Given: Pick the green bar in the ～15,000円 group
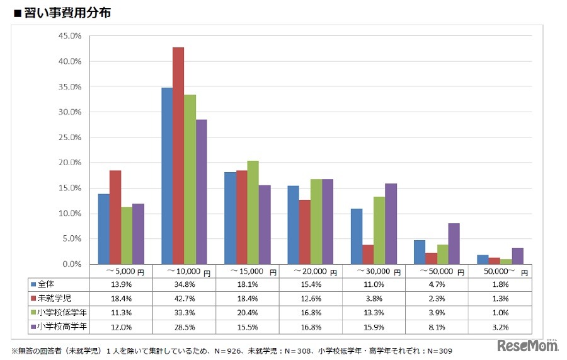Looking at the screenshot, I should (x=253, y=212).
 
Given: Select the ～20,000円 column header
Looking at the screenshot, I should (x=311, y=271).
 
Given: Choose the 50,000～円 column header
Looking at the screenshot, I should (x=500, y=271).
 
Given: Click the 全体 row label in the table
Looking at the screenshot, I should (x=47, y=284).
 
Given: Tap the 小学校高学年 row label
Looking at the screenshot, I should (x=59, y=327).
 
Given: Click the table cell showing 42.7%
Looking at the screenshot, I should (x=185, y=299).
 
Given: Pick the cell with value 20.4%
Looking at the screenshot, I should (x=248, y=313).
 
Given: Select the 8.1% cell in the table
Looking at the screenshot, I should (x=437, y=327).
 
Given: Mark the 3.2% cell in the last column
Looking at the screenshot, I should (x=500, y=327).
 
